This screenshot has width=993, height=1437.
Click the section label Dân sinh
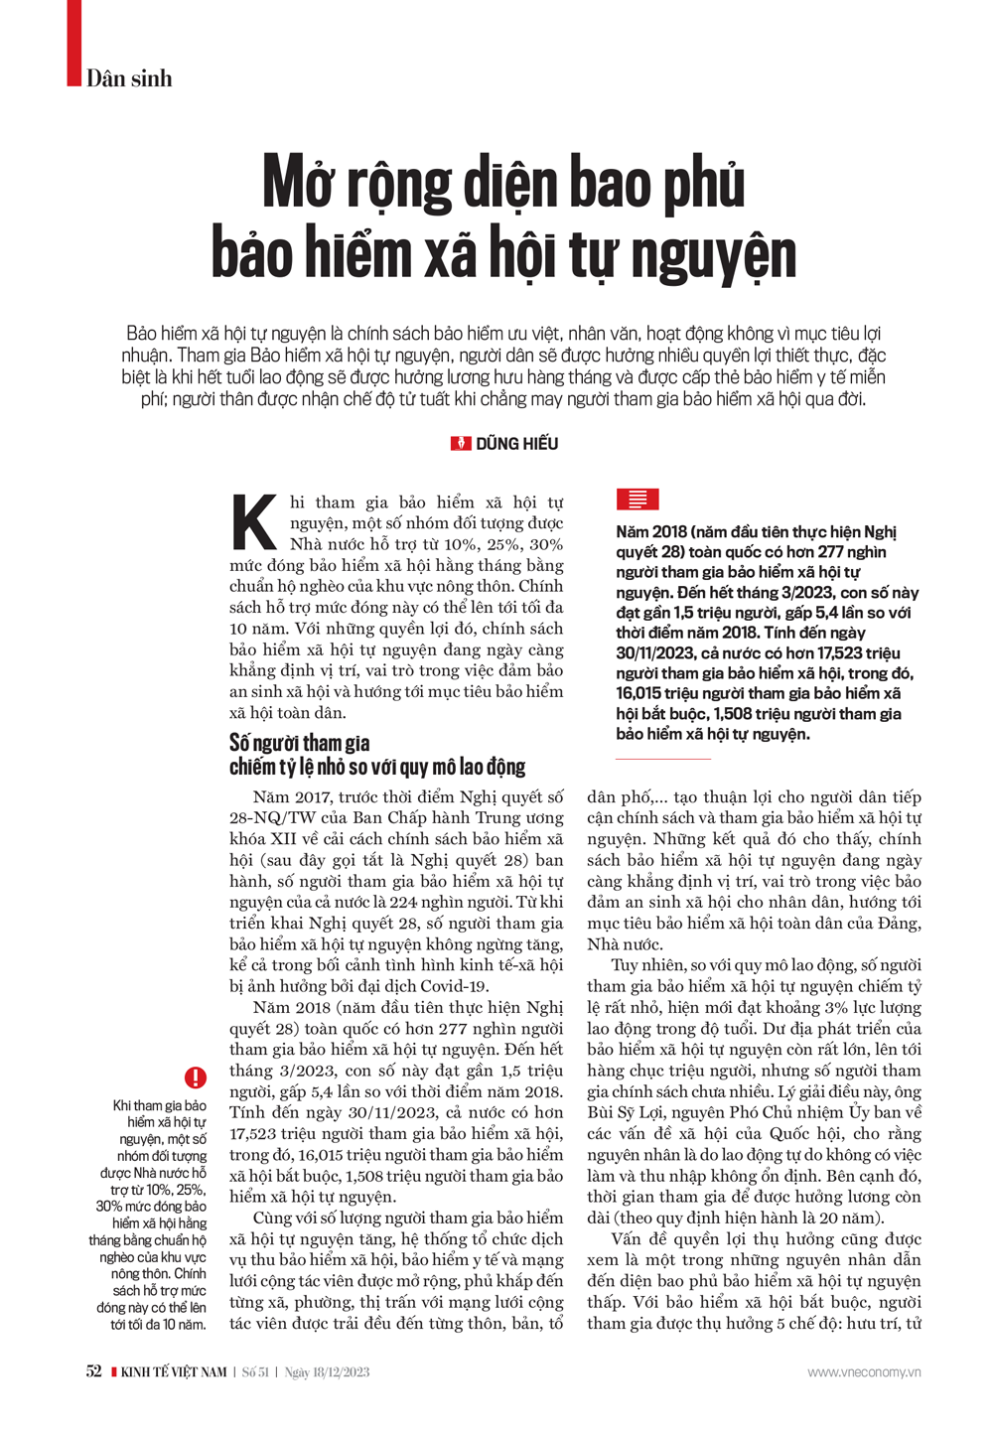pyautogui.click(x=129, y=78)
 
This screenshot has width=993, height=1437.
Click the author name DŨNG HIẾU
pyautogui.click(x=517, y=444)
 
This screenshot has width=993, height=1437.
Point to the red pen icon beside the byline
pyautogui.click(x=461, y=444)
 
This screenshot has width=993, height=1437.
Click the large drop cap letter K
pyautogui.click(x=254, y=521)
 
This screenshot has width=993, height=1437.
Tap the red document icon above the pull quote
pyautogui.click(x=637, y=500)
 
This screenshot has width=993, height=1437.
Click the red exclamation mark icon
pyautogui.click(x=196, y=1077)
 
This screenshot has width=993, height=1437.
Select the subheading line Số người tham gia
pyautogui.click(x=300, y=744)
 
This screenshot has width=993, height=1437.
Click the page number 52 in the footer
pyautogui.click(x=93, y=1371)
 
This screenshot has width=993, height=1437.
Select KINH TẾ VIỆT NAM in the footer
pyautogui.click(x=174, y=1372)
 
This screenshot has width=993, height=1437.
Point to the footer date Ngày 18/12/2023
pyautogui.click(x=327, y=1372)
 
